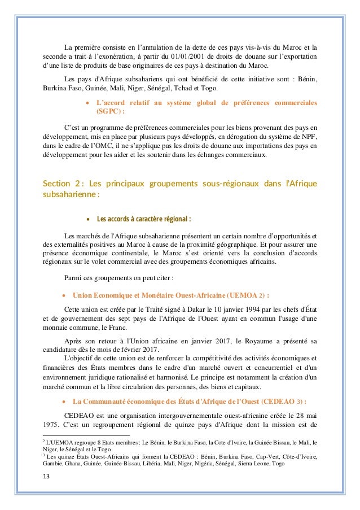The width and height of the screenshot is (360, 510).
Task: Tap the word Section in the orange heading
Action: pos(56,184)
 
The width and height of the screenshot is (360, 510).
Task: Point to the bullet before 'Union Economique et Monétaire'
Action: pos(65,294)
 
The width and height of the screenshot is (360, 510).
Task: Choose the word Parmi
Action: pos(74,278)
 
